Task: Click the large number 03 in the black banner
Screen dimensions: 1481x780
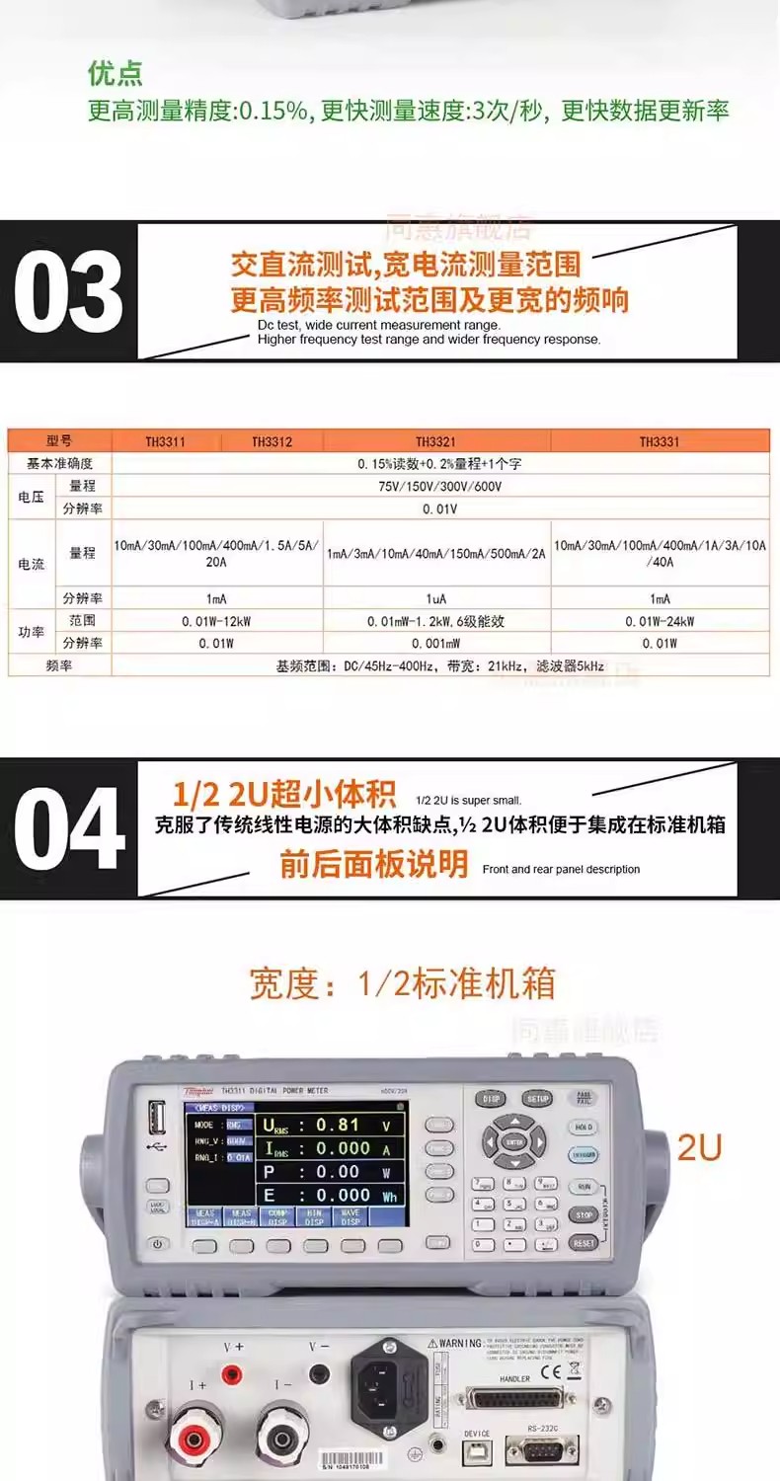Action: click(68, 291)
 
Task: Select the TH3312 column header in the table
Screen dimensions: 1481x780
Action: click(272, 441)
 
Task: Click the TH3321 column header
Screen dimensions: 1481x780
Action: click(435, 441)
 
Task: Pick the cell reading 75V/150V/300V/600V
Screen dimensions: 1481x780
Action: click(439, 487)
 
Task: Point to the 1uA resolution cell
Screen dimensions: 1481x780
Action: click(435, 598)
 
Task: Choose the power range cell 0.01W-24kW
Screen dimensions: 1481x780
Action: click(660, 622)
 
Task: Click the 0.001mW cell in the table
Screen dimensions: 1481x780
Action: click(435, 644)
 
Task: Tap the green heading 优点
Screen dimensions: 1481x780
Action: click(116, 73)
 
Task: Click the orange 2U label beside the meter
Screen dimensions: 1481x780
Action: click(699, 1147)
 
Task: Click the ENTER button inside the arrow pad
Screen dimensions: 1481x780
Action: click(513, 1141)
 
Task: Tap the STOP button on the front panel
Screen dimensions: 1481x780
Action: click(584, 1214)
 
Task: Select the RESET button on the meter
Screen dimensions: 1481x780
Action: click(584, 1243)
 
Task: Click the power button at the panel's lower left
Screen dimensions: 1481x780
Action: click(157, 1244)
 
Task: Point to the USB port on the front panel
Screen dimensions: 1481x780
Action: click(157, 1120)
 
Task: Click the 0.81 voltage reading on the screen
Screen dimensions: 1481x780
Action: click(338, 1125)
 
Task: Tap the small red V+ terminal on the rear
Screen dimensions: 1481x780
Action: click(233, 1373)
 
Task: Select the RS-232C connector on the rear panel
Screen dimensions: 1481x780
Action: click(534, 1448)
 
